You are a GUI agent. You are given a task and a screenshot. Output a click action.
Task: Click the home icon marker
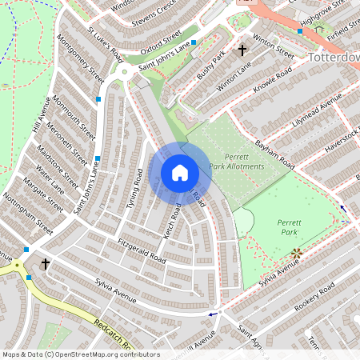pos(179,173)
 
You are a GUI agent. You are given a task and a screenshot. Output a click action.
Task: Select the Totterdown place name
pos(333,58)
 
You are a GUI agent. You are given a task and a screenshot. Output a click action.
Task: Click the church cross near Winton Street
pos(242,50)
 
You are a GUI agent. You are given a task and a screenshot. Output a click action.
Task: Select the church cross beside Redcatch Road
pos(45,263)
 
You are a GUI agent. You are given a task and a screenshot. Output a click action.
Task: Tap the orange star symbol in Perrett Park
pos(297,254)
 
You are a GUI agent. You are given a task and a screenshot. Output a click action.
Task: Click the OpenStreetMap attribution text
pos(80,354)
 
